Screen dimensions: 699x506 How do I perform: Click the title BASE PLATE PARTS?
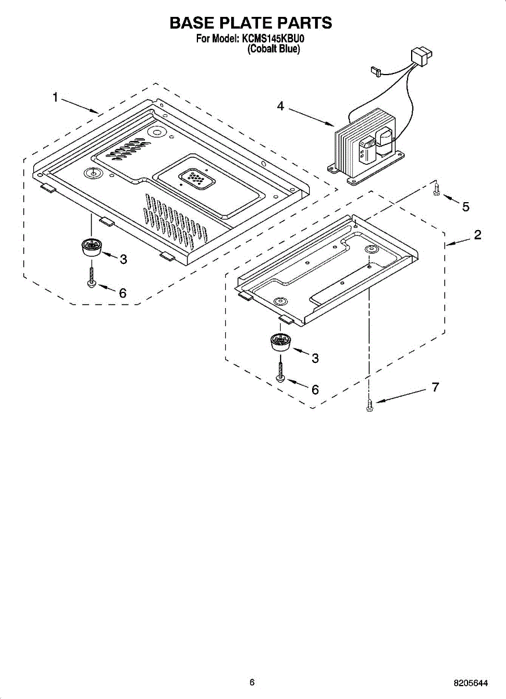click(x=250, y=23)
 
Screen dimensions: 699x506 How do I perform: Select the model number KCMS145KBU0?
click(x=273, y=39)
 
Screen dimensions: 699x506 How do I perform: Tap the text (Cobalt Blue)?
click(x=274, y=50)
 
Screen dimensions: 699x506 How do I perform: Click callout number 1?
click(x=55, y=97)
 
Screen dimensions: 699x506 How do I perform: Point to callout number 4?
click(x=281, y=106)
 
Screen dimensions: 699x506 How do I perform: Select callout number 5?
click(x=465, y=206)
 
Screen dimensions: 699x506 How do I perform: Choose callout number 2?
click(x=477, y=235)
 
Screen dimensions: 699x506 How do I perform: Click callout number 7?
click(x=435, y=387)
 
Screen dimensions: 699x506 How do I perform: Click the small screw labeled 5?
click(x=437, y=190)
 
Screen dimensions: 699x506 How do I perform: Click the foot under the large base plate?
click(x=90, y=247)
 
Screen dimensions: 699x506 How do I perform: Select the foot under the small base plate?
click(x=280, y=342)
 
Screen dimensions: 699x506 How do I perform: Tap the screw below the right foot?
click(x=281, y=372)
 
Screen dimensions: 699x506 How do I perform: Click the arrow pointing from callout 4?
click(x=312, y=116)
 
